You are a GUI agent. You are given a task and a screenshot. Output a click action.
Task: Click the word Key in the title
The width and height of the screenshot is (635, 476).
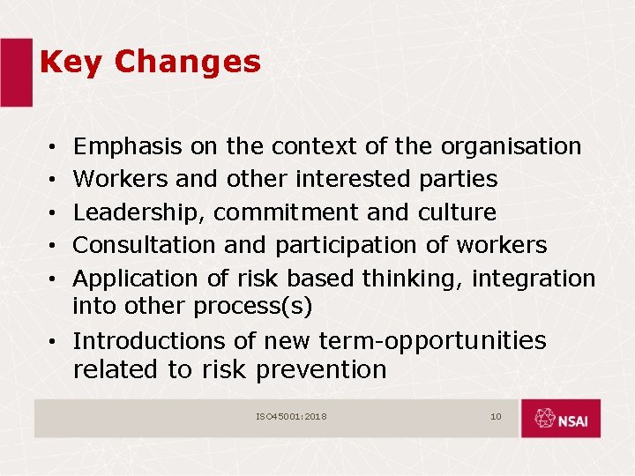pos(71,63)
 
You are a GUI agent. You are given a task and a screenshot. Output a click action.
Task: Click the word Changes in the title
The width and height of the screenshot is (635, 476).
pos(187,63)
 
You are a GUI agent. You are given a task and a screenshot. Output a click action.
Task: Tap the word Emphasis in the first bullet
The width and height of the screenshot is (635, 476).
pos(127,146)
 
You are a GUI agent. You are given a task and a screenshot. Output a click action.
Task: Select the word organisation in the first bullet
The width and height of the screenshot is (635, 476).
pos(511,146)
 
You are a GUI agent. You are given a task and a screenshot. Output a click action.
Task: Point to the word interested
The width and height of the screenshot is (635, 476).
pos(353,179)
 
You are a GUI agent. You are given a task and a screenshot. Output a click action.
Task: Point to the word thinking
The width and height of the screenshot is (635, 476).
pos(410,279)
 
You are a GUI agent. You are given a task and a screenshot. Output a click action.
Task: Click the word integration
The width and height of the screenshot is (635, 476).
pos(534,279)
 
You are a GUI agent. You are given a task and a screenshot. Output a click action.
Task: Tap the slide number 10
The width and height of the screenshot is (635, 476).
pos(496,416)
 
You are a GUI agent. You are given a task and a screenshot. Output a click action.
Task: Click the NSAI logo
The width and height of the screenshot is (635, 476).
pos(560,419)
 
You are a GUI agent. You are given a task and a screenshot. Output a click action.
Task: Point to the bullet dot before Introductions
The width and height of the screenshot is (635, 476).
pos(55,342)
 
